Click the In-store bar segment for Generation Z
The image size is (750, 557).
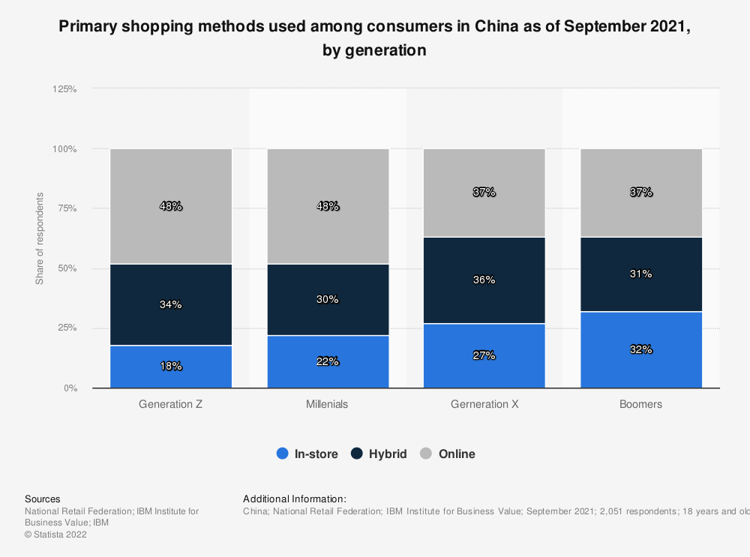[171, 367]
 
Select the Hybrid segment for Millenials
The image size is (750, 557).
[328, 299]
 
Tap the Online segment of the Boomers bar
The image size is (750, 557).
[641, 193]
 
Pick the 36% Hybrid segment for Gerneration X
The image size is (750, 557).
[484, 280]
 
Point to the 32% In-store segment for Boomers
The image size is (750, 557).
[641, 349]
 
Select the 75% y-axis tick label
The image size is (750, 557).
[67, 208]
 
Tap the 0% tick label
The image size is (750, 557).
[70, 388]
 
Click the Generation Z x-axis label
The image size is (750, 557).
[171, 404]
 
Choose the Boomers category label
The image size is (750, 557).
[641, 404]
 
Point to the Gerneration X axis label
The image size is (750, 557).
[484, 404]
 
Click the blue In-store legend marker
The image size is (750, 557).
[283, 454]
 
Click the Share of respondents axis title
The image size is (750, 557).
[40, 238]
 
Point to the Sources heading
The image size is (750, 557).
[43, 499]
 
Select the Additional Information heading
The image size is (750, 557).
[295, 499]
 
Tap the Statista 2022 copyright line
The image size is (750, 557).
[55, 535]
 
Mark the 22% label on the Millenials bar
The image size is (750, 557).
[328, 361]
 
